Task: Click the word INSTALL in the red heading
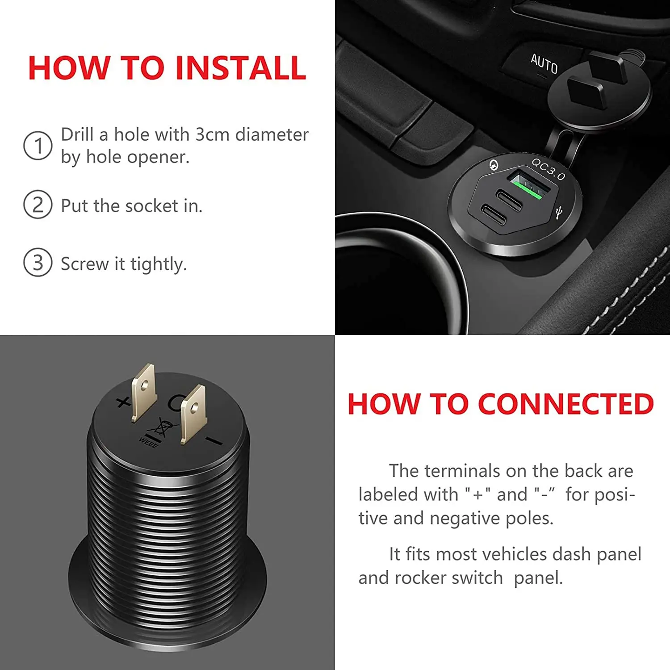(x=240, y=68)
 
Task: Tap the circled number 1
(x=38, y=146)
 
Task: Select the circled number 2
(x=38, y=205)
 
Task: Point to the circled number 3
(x=38, y=263)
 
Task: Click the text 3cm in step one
(x=213, y=134)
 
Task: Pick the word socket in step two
(x=152, y=206)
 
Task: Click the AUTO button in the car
(x=544, y=63)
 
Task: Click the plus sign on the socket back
(x=122, y=402)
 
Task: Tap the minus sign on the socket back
(x=214, y=442)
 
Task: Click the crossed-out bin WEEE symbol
(x=162, y=428)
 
